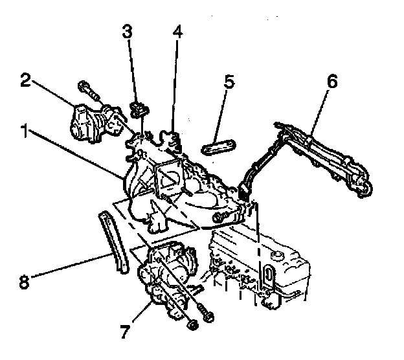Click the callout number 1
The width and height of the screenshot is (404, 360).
[24, 133]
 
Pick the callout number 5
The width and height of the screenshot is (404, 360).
[229, 83]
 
